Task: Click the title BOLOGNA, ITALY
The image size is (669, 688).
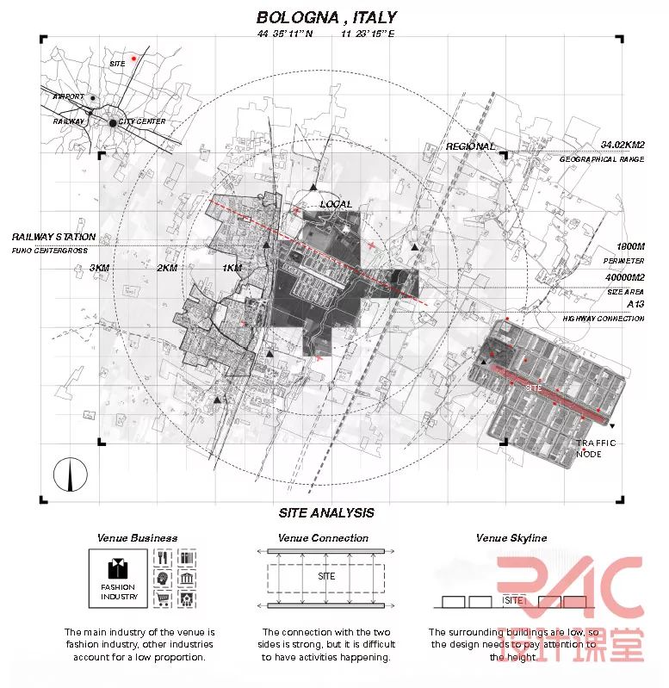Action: (326, 17)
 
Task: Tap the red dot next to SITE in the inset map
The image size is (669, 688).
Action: (133, 59)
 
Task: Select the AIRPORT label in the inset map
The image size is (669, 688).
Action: (69, 96)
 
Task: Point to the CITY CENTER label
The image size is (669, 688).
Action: (142, 122)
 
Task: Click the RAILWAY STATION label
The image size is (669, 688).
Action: (53, 236)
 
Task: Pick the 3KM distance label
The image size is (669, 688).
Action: (100, 268)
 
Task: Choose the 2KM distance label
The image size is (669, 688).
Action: (166, 268)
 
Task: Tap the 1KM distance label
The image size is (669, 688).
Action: (232, 268)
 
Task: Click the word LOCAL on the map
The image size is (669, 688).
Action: (336, 204)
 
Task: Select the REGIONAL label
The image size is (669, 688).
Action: (470, 146)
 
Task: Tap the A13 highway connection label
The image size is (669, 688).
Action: (635, 305)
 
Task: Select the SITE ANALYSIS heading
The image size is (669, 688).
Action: (326, 512)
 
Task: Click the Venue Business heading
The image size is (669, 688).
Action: (137, 538)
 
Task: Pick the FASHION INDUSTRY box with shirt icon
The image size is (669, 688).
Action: (119, 579)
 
